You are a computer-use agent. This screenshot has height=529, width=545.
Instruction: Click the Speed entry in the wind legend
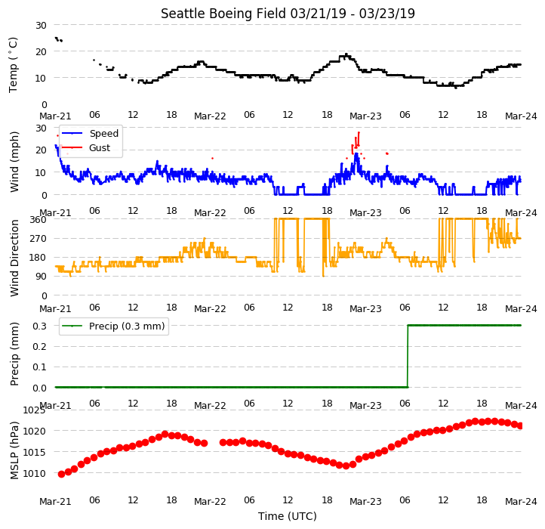click(104, 133)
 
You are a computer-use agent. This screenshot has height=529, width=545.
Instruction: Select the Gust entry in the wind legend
click(100, 148)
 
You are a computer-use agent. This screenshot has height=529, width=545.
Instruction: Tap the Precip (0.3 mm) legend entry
click(127, 326)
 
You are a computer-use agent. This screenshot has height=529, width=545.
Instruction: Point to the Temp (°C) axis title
click(13, 65)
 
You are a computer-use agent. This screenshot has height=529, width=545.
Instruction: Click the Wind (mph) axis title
click(14, 162)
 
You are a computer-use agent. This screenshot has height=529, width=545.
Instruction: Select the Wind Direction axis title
click(14, 258)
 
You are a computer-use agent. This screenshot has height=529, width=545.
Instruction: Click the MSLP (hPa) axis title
click(14, 450)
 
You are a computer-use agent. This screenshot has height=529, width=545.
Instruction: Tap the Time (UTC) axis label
click(288, 515)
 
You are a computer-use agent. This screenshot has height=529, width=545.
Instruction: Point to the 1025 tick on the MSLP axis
click(34, 410)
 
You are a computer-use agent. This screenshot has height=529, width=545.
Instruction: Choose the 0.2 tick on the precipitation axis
click(39, 346)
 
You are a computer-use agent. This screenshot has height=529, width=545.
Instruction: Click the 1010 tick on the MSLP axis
click(34, 473)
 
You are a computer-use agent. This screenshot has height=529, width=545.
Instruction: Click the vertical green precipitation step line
click(408, 356)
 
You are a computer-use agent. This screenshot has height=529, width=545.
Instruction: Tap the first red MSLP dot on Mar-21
click(62, 474)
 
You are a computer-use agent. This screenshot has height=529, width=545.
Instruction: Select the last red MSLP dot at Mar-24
click(520, 425)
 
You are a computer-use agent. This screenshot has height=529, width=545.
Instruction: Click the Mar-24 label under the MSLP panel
click(521, 501)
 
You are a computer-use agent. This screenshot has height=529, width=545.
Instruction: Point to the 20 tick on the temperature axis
click(41, 51)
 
